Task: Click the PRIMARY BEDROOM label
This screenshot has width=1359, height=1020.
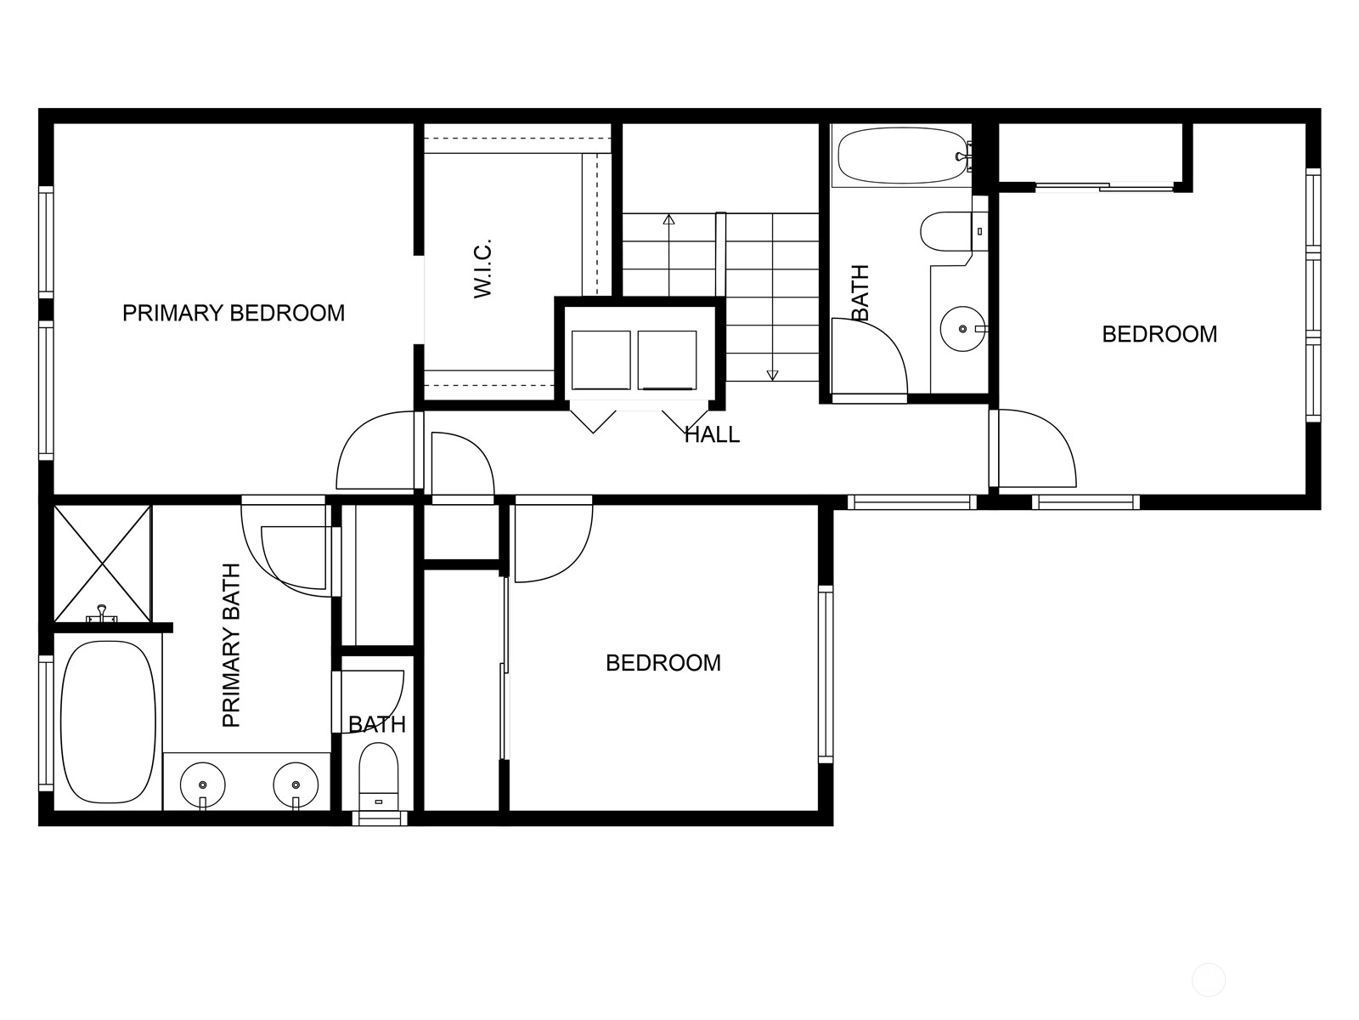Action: (x=234, y=313)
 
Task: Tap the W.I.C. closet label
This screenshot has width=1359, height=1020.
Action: (x=482, y=268)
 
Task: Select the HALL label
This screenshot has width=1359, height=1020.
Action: (x=712, y=434)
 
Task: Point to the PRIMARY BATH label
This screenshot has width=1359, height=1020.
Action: (x=231, y=644)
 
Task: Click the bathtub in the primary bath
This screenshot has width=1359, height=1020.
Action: (x=109, y=722)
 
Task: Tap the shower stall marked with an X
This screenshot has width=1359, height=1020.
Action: (x=103, y=564)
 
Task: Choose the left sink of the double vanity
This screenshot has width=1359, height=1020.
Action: (x=202, y=785)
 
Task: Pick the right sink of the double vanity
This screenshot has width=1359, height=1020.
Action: (x=296, y=785)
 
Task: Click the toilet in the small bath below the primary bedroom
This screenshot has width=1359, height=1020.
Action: (x=378, y=776)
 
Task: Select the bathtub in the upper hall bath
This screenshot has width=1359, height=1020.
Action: (x=902, y=156)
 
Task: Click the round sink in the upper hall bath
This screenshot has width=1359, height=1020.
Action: (x=962, y=328)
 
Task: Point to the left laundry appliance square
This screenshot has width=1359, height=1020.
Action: (x=601, y=360)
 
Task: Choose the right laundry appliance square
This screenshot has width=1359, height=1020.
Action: (x=668, y=360)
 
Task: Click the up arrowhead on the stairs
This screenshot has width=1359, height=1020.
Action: (x=668, y=219)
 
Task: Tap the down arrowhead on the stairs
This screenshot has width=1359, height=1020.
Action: (x=772, y=375)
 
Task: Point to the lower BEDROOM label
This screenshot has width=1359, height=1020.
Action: (x=663, y=663)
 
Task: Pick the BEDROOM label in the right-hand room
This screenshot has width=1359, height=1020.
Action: (x=1159, y=334)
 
